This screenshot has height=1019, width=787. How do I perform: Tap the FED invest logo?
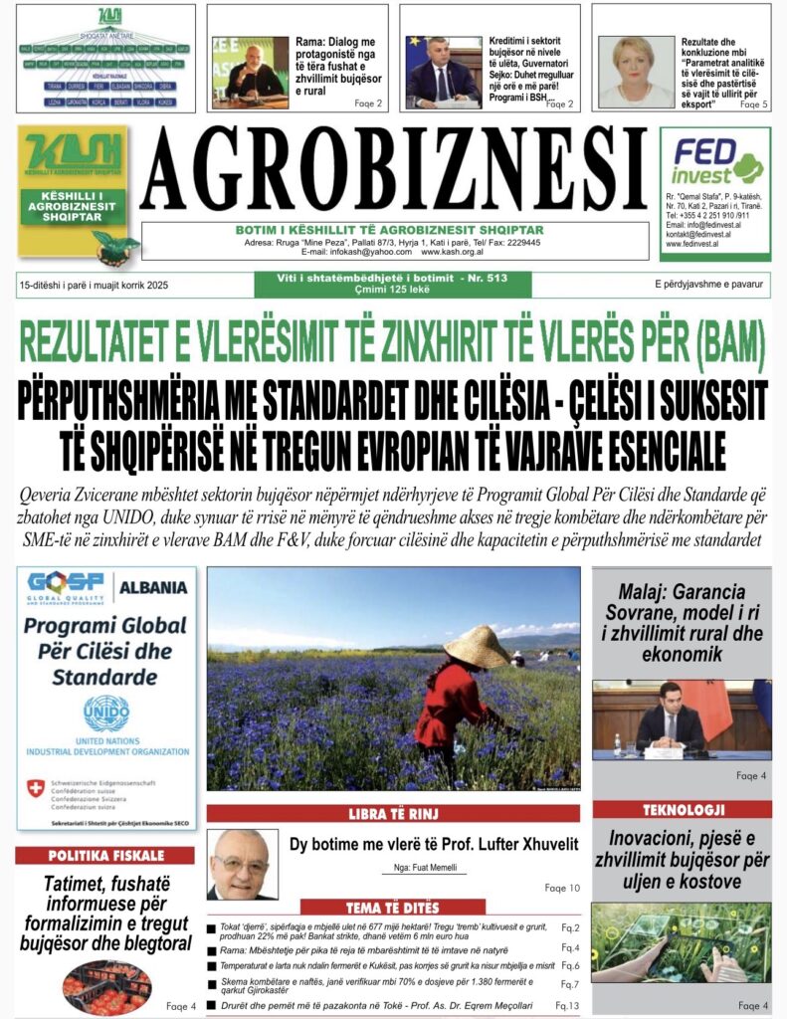coord(714,161)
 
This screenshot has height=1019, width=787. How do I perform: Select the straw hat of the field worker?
coord(476,646)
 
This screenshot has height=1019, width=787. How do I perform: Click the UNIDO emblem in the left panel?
coord(106,713)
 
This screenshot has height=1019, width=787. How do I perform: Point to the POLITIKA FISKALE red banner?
coord(104,856)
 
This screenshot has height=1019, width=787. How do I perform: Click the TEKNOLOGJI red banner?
coord(682,809)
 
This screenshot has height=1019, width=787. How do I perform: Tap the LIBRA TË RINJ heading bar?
coord(393,814)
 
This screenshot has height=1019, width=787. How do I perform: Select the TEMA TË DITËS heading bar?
coord(393,908)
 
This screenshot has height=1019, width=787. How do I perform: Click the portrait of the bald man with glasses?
coord(241,864)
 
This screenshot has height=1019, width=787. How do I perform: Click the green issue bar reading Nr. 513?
coord(394,279)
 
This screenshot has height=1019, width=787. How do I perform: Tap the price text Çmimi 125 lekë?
coord(394,290)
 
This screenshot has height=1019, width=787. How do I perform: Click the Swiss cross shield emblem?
coord(35,789)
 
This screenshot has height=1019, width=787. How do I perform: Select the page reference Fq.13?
coord(567,1005)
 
